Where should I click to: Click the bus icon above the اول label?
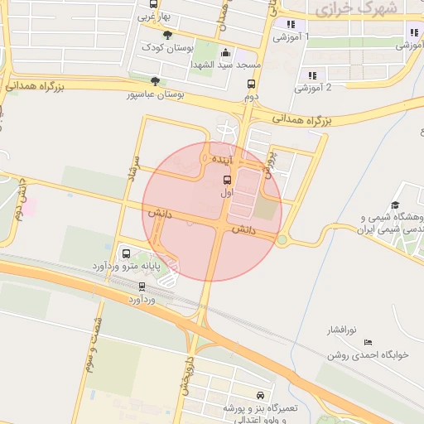[227, 179]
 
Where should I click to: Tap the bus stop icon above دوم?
[251, 84]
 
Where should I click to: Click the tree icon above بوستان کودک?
[168, 35]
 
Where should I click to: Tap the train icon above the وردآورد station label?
[142, 286]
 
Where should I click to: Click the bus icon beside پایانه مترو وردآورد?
[126, 253]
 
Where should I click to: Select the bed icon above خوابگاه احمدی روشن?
[368, 341]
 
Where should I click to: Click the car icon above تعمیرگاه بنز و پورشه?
[262, 396]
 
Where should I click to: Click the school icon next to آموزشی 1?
[290, 24]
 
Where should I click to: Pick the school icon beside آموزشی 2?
[311, 75]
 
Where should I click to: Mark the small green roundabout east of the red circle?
[282, 240]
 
